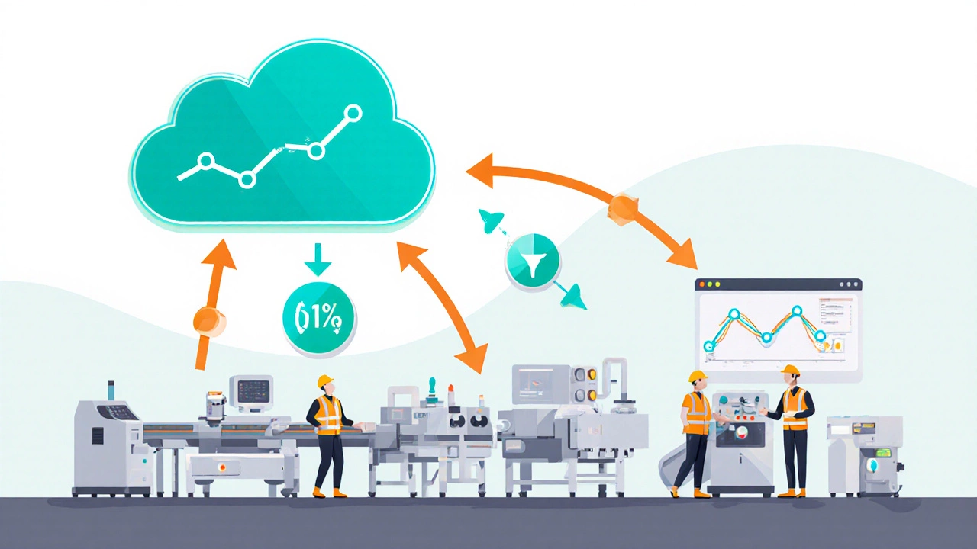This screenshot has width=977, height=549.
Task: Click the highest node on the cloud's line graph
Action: pos(353,114)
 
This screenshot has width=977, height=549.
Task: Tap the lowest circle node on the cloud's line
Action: pos(246,180)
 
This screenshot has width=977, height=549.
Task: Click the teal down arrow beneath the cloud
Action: pos(317,264)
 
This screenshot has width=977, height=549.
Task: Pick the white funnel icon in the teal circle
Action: pos(533,262)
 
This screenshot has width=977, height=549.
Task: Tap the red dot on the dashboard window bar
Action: pos(701,284)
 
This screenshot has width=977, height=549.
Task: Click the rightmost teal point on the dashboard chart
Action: pos(820,335)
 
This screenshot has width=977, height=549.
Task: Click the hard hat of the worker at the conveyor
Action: pos(325,380)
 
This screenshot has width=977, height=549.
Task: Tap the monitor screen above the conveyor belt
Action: pos(250,391)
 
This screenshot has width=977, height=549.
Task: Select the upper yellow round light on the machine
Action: pos(589,376)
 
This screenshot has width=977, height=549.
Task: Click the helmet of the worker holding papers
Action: pos(790,371)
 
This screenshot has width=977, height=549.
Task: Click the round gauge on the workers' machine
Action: pos(740,432)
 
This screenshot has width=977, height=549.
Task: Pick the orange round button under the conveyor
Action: pos(223,465)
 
